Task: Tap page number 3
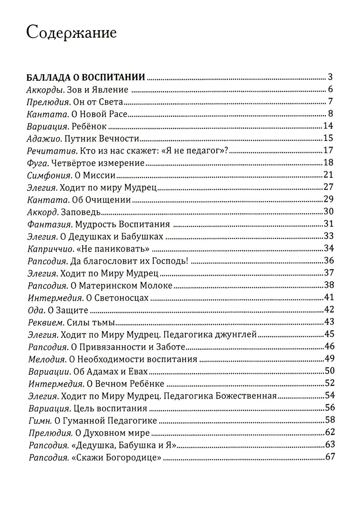point(330,77)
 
